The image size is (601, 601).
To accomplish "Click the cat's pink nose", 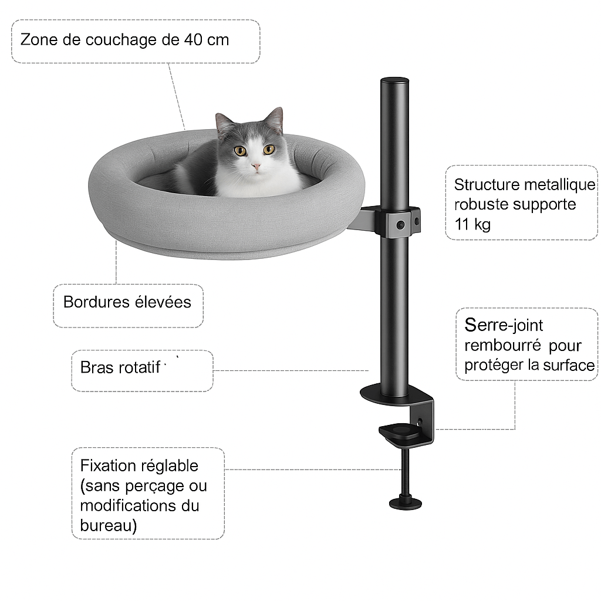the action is pos(256,167).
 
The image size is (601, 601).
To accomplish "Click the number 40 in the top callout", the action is pos(193,40).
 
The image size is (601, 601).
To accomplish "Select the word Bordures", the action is pos(96,302).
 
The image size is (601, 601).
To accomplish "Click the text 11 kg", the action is pos(472,225).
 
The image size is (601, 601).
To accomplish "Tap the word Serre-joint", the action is pos(504,326).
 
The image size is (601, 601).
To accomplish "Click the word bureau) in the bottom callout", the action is pos(109,526).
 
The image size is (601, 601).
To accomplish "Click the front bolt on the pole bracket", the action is pos(400,225).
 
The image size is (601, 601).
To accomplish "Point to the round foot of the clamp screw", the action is pos(406,502).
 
